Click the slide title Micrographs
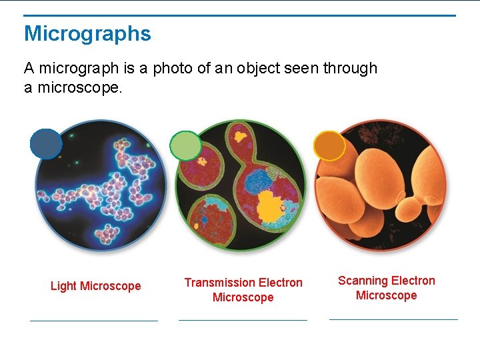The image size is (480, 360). point(87,33)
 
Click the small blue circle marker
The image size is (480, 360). point(46,143)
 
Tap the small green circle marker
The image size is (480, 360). point(185,145)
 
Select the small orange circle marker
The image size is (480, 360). point(329,146)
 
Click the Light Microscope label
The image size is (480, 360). point(95,286)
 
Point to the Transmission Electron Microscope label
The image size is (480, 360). point(243,290)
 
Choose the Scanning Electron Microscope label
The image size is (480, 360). point(386,288)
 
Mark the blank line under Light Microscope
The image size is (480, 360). point(94,321)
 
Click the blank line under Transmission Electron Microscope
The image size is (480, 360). point(243,320)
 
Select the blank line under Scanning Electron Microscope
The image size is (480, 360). point(393,319)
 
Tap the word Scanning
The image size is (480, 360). point(363,281)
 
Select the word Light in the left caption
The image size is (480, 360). point(63,286)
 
